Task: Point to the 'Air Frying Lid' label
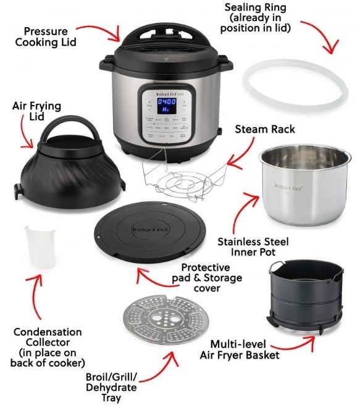(36, 111)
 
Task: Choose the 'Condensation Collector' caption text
(48, 347)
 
